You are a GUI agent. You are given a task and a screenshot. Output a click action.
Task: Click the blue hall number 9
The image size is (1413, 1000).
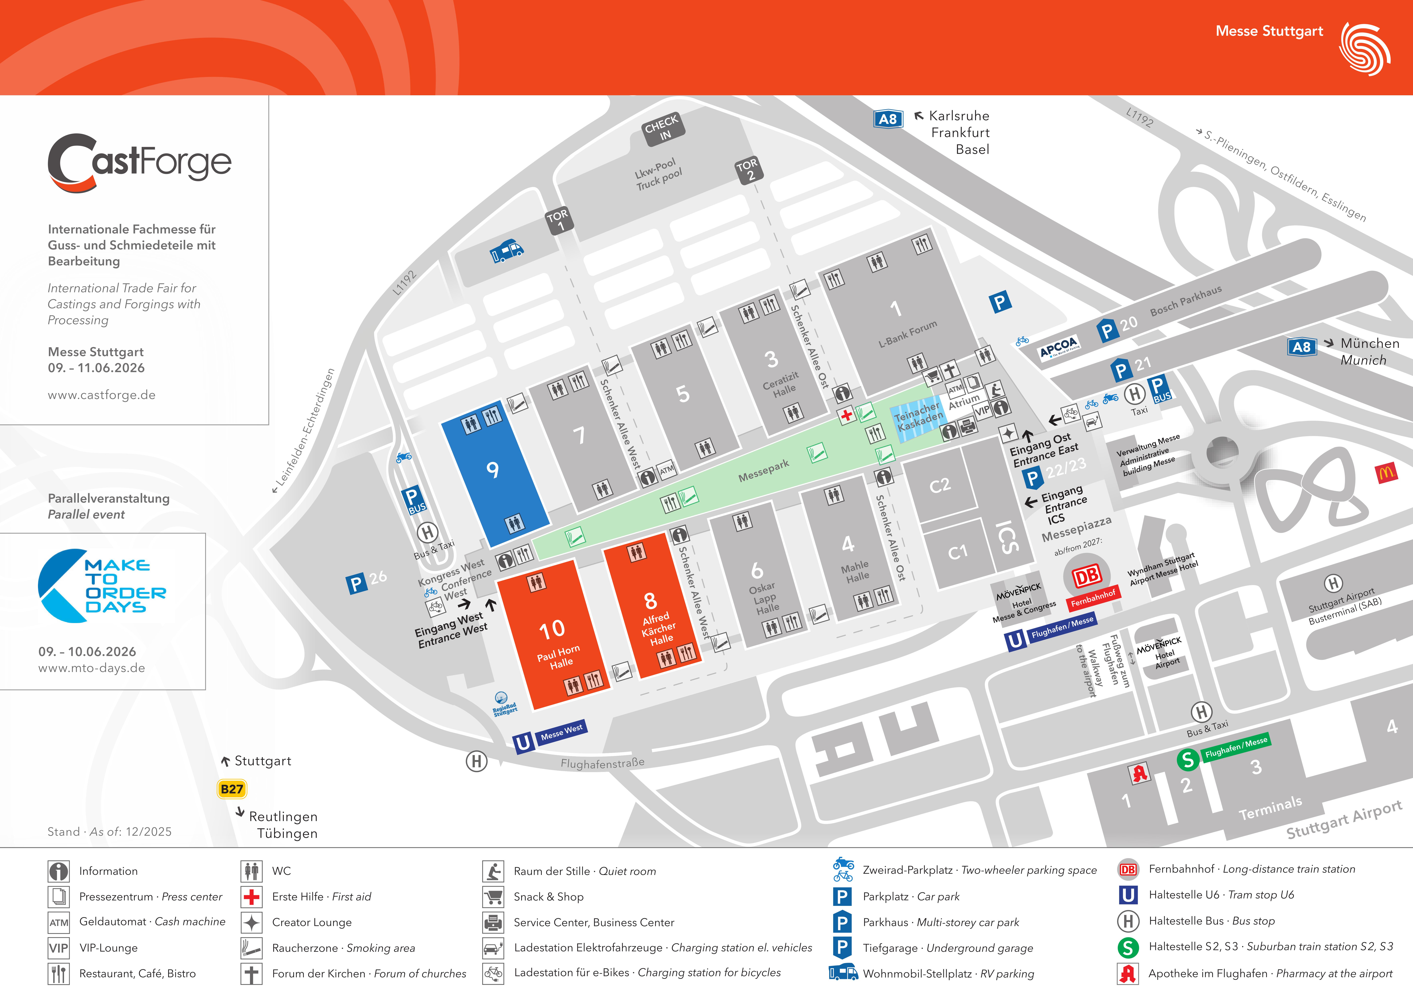492,470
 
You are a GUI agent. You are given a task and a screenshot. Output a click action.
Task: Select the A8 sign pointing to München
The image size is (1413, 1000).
1302,347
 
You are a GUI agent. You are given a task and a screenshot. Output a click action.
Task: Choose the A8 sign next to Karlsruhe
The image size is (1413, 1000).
888,119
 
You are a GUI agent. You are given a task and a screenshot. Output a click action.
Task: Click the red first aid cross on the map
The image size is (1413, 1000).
847,415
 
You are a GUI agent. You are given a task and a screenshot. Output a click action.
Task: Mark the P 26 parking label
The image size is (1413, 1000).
367,581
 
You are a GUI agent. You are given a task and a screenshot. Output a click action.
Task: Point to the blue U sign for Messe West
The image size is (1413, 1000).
523,742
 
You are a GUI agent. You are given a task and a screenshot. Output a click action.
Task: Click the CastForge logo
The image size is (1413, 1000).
140,162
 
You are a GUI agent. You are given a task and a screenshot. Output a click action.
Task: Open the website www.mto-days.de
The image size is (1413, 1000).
92,668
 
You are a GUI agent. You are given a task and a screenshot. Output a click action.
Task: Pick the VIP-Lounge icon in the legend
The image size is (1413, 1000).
58,948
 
